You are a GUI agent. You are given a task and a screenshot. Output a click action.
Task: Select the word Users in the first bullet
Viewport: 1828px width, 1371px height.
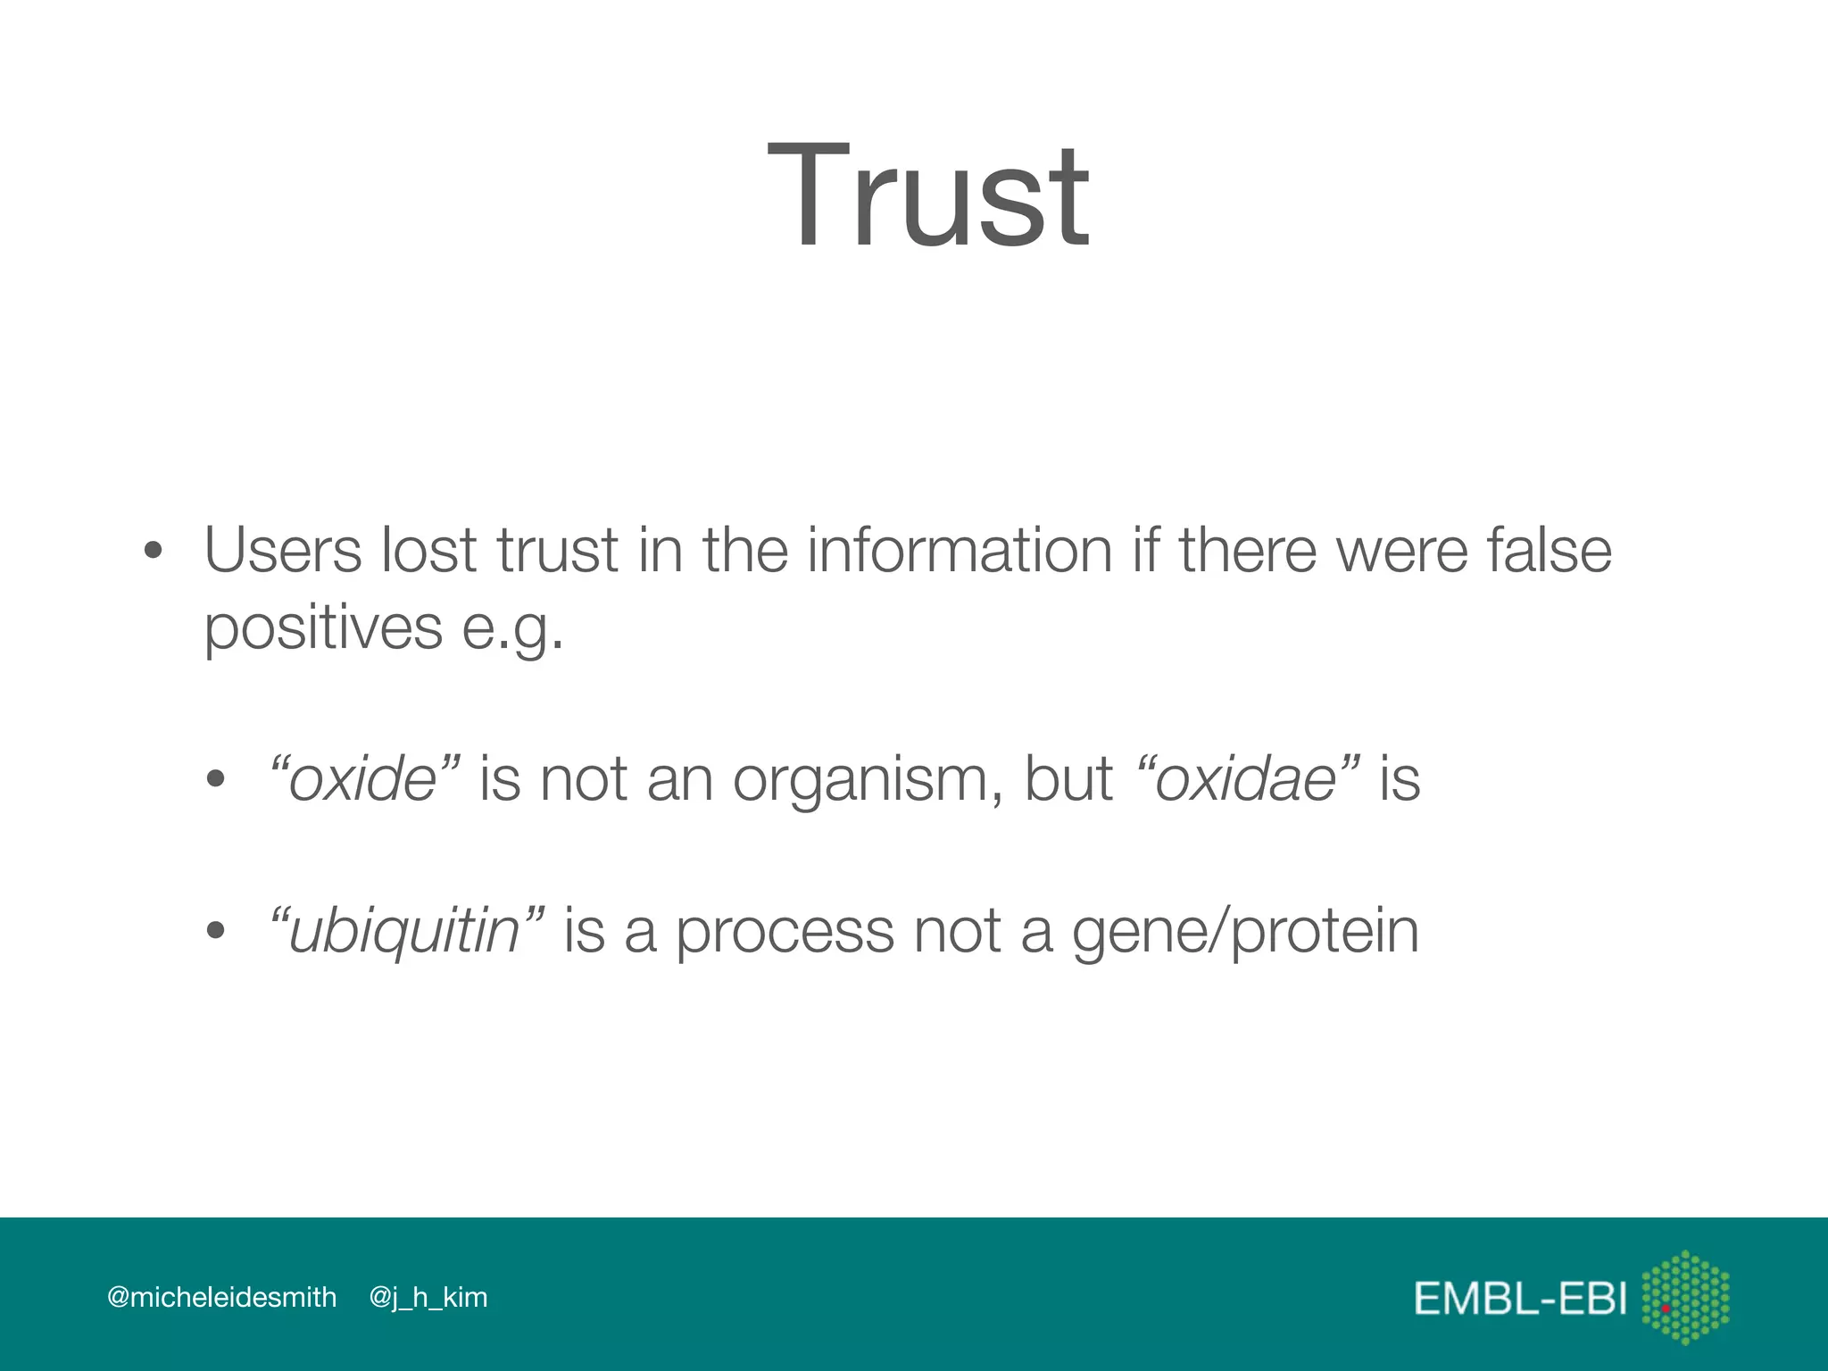pos(283,550)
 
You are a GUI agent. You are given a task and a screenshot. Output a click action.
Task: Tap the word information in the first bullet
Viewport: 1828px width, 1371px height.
pos(960,550)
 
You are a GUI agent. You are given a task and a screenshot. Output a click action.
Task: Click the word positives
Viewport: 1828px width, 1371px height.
pos(323,628)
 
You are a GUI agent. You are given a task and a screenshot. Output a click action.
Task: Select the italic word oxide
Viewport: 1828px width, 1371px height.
pos(362,779)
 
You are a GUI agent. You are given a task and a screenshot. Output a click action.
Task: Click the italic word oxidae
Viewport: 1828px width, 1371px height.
pos(1246,779)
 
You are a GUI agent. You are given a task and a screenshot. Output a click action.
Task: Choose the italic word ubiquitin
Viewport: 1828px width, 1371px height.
pos(404,932)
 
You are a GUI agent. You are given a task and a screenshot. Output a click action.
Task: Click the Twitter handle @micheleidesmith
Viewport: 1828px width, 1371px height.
pos(221,1297)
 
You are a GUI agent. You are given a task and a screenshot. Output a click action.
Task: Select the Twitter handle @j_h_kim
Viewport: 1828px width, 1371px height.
pos(428,1297)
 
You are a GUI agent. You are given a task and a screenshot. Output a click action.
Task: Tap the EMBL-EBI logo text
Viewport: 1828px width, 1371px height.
pos(1520,1298)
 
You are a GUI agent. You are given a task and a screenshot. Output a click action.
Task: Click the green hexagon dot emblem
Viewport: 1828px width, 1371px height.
pos(1685,1297)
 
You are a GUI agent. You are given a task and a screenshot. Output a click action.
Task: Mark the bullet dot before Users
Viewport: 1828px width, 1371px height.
pos(154,551)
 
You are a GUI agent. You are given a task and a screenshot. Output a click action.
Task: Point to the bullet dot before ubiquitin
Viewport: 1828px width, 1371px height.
pos(215,931)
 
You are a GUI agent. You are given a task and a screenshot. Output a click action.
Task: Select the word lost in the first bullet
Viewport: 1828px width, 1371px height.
pos(428,550)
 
